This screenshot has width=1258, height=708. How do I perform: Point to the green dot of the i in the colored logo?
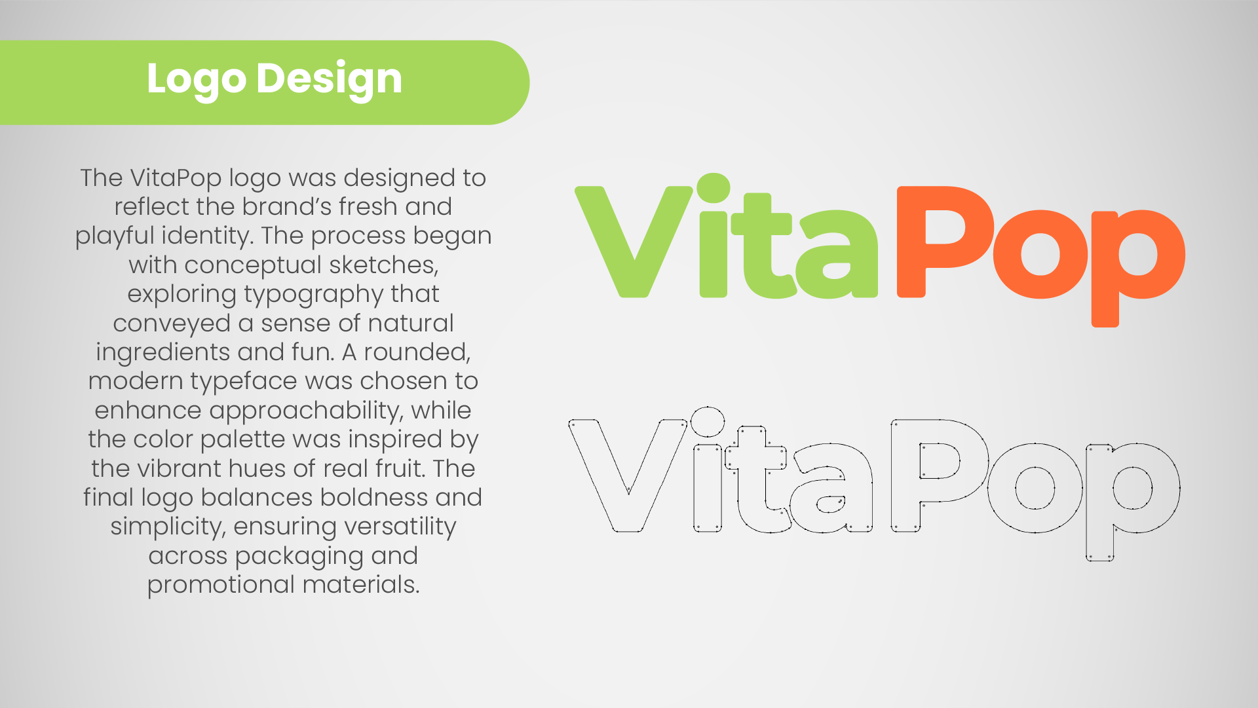pos(713,188)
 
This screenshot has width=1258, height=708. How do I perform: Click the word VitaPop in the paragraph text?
pos(176,178)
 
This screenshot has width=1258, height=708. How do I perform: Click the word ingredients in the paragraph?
pos(162,353)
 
